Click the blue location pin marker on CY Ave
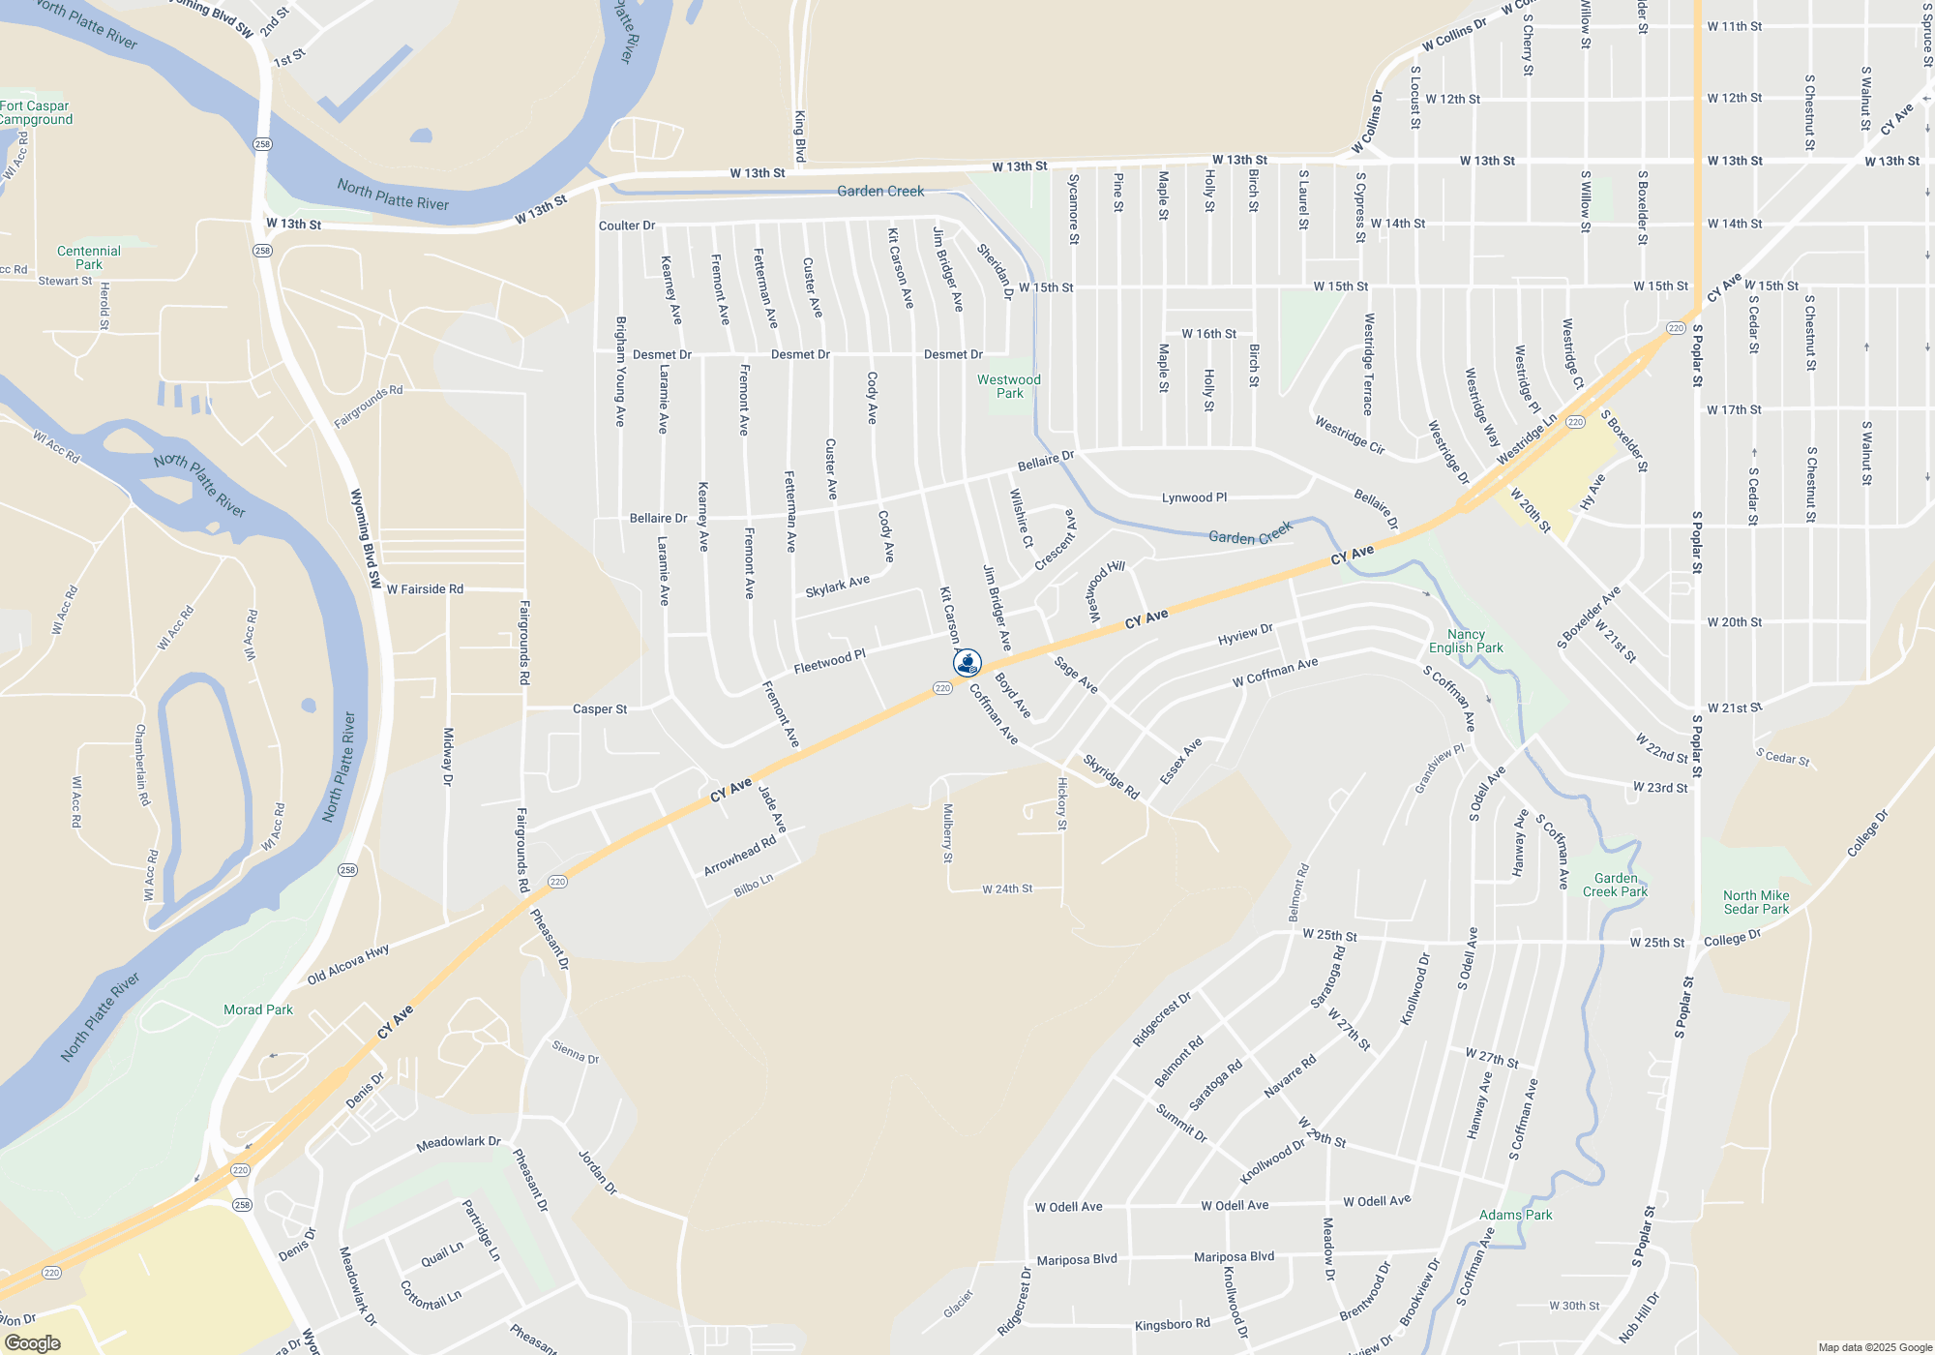[967, 663]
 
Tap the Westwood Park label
[1009, 386]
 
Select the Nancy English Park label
[1466, 641]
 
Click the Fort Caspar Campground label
[35, 112]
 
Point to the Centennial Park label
[89, 257]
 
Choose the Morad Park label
[257, 1009]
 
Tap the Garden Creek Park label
[1615, 885]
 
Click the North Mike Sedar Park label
[1756, 902]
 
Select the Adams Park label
[1515, 1215]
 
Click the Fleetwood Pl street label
[829, 662]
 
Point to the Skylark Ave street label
[837, 587]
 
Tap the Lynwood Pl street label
[1194, 497]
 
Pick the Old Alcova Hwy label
[348, 965]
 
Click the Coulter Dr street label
[627, 226]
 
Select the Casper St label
[600, 708]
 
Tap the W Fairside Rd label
[425, 588]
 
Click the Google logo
[33, 1343]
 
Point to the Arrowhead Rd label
[740, 856]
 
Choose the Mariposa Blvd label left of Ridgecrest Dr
[1077, 1259]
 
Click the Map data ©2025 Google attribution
[1874, 1347]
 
